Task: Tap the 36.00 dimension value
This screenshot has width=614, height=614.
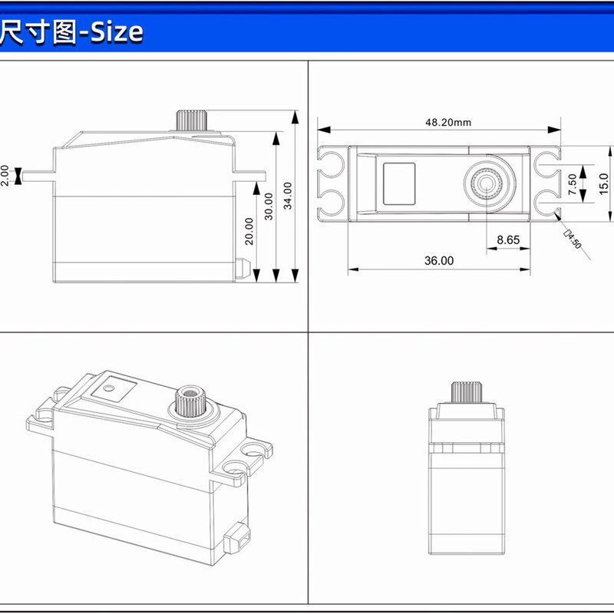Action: pos(438,261)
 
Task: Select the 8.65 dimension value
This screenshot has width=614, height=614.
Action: pos(507,239)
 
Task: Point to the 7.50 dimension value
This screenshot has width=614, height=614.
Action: pos(573,184)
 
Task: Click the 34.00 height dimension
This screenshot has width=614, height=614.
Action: pos(288,196)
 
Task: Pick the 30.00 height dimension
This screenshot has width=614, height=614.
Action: pos(268,206)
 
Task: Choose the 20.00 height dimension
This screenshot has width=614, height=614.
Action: pos(249,230)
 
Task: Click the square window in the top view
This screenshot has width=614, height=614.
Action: pos(399,183)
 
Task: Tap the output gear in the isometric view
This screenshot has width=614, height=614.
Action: pos(187,400)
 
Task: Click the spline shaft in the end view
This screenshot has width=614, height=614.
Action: pos(465,391)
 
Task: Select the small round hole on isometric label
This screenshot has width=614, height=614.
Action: pos(109,388)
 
